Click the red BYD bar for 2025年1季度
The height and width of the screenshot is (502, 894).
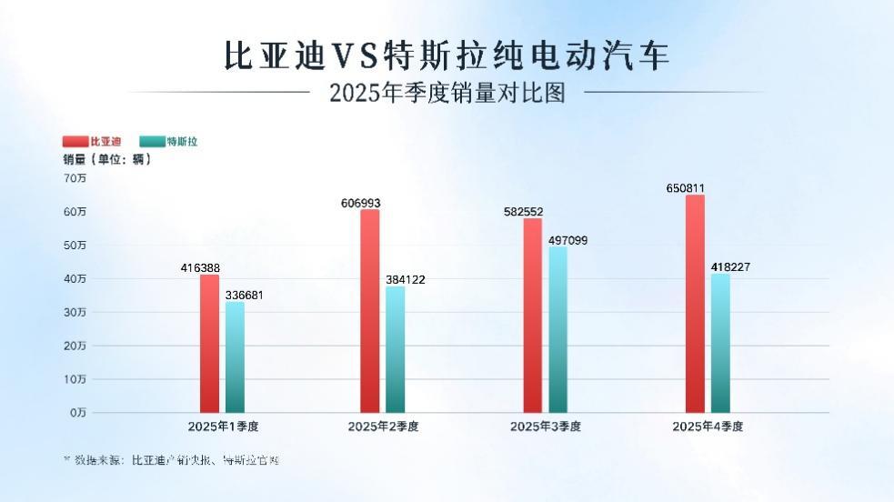pos(209,344)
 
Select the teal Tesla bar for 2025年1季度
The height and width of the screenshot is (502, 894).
pos(235,357)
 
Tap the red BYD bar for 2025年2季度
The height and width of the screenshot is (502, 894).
pos(369,311)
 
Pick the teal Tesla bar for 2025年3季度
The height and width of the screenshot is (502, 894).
pos(557,329)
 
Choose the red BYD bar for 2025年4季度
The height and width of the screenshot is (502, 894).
pos(695,304)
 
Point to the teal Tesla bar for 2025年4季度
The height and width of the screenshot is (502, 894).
pos(720,343)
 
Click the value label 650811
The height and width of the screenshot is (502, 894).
pos(686,188)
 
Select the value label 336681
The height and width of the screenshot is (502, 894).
pos(244,295)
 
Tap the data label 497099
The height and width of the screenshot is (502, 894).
pos(568,239)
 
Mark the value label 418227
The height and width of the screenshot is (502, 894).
pos(730,266)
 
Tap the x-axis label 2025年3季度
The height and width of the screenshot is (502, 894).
pos(545,426)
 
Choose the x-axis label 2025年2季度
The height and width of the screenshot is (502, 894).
pos(383,426)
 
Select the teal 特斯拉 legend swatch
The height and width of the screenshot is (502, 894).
pos(152,142)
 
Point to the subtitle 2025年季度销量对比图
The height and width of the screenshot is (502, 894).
pos(447,93)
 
